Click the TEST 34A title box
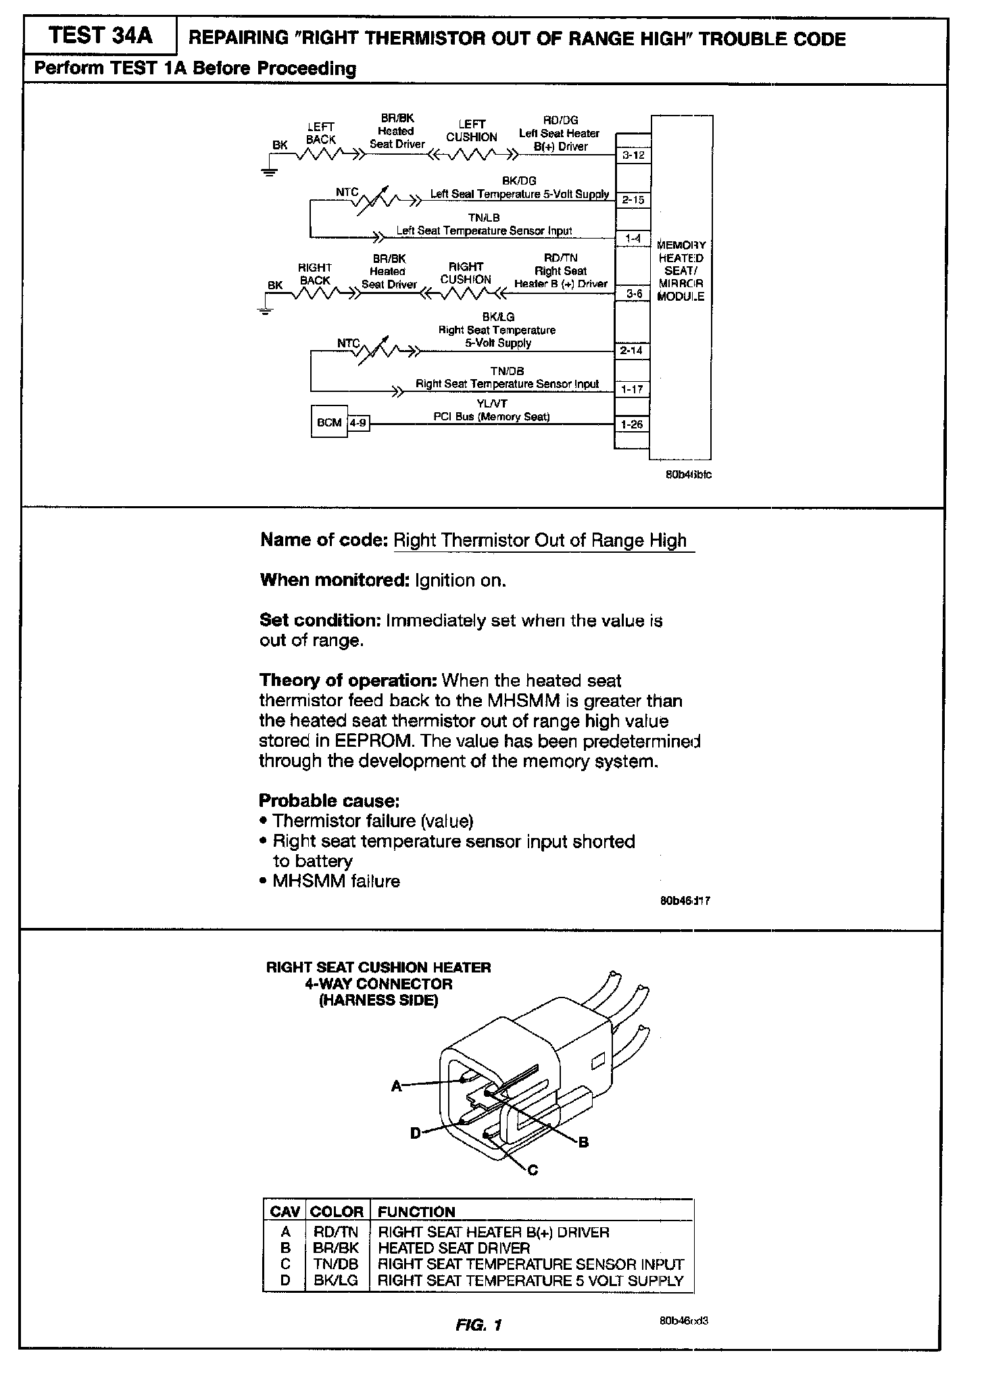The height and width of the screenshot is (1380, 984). click(x=100, y=35)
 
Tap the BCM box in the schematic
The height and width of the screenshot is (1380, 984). click(x=329, y=422)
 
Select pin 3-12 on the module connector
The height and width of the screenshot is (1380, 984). click(x=633, y=155)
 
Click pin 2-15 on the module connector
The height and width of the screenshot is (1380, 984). click(x=633, y=200)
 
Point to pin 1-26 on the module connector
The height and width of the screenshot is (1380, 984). click(x=632, y=424)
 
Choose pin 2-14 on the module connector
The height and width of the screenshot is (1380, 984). click(x=632, y=351)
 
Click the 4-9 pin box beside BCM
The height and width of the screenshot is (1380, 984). click(x=358, y=423)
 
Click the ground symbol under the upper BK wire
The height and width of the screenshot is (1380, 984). click(x=270, y=170)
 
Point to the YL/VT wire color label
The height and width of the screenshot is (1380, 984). click(x=491, y=403)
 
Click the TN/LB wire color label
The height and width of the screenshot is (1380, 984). click(x=484, y=218)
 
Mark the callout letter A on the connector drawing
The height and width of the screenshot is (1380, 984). click(x=397, y=1086)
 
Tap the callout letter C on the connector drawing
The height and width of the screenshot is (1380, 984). click(x=533, y=1170)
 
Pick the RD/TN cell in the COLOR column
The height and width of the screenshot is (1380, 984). click(x=336, y=1232)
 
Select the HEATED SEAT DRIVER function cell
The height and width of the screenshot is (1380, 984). click(x=453, y=1248)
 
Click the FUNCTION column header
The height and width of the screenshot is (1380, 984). click(x=416, y=1212)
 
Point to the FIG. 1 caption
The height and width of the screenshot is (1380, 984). click(x=478, y=1325)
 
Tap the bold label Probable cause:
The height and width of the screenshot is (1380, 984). click(x=329, y=801)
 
